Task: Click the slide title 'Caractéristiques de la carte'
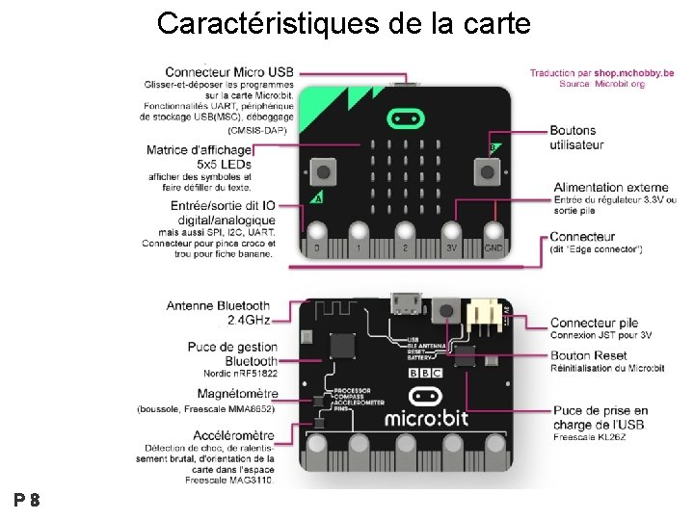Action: point(343,23)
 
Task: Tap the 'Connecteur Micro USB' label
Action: point(229,72)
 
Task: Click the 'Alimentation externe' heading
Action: point(611,187)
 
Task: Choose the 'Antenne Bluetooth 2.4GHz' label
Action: point(218,312)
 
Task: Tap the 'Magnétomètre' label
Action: point(237,393)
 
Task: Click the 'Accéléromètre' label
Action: point(235,435)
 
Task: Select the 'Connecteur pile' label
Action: point(595,323)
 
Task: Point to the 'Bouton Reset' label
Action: point(588,355)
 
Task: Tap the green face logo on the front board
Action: point(406,118)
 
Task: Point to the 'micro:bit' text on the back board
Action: point(428,419)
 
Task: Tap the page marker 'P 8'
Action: point(26,500)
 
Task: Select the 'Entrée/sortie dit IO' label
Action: point(222,205)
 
